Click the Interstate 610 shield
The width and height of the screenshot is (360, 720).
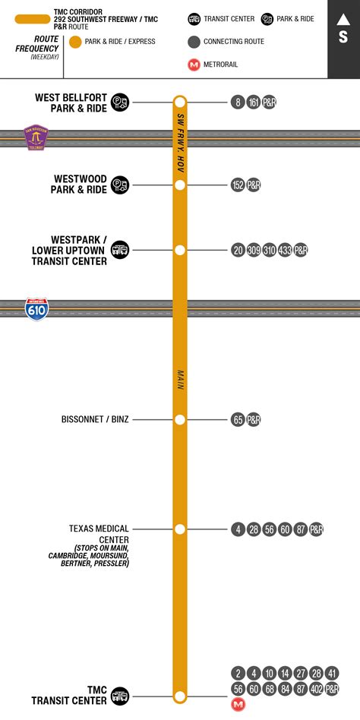coord(36,308)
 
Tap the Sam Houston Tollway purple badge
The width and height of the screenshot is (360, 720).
coord(36,137)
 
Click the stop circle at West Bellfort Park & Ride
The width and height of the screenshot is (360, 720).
coord(180,101)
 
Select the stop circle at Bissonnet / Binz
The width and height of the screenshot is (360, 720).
coord(180,419)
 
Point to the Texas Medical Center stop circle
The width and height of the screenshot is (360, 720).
coord(180,529)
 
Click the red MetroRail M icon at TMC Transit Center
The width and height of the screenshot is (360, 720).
coord(238,704)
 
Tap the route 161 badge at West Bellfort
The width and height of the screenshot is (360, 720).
coord(254,101)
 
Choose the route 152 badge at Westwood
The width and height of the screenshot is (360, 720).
coord(238,185)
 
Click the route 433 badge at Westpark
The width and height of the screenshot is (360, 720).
coord(285,250)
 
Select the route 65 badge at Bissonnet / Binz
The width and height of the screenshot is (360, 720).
coord(238,419)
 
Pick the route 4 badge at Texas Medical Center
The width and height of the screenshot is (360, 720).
coord(238,529)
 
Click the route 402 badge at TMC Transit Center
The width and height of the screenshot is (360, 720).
coord(316,689)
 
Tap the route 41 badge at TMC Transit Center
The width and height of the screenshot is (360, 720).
coord(332,673)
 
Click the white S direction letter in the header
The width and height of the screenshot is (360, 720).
coord(343,36)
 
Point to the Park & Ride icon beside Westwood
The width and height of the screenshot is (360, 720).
coord(120,185)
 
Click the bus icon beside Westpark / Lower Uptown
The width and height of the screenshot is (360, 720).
coord(120,250)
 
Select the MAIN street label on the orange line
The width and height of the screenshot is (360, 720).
coord(181,380)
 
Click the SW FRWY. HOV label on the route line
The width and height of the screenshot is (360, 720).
coord(181,141)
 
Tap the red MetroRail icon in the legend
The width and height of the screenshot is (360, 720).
coord(194,65)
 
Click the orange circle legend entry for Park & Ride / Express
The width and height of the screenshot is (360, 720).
coord(75,41)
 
